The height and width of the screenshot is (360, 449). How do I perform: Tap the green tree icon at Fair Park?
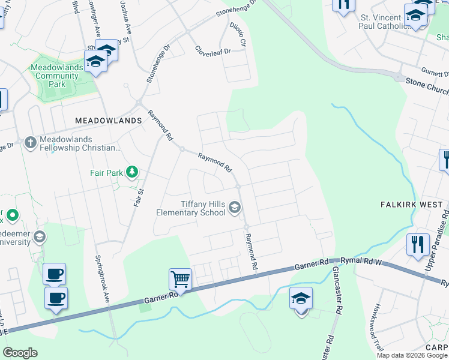click(132, 173)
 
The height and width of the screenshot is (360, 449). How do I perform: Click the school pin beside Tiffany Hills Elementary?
click(235, 208)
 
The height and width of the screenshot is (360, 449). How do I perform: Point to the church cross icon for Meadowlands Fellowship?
click(31, 143)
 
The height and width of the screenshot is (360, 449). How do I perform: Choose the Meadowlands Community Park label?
click(58, 76)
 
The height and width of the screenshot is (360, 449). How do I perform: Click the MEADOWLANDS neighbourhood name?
click(108, 121)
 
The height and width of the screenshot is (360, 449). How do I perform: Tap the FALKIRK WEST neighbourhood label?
click(412, 205)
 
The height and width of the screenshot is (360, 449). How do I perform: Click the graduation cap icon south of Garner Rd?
click(301, 298)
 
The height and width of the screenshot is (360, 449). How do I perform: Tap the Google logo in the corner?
click(20, 353)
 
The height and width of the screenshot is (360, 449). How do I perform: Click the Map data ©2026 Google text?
click(412, 355)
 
